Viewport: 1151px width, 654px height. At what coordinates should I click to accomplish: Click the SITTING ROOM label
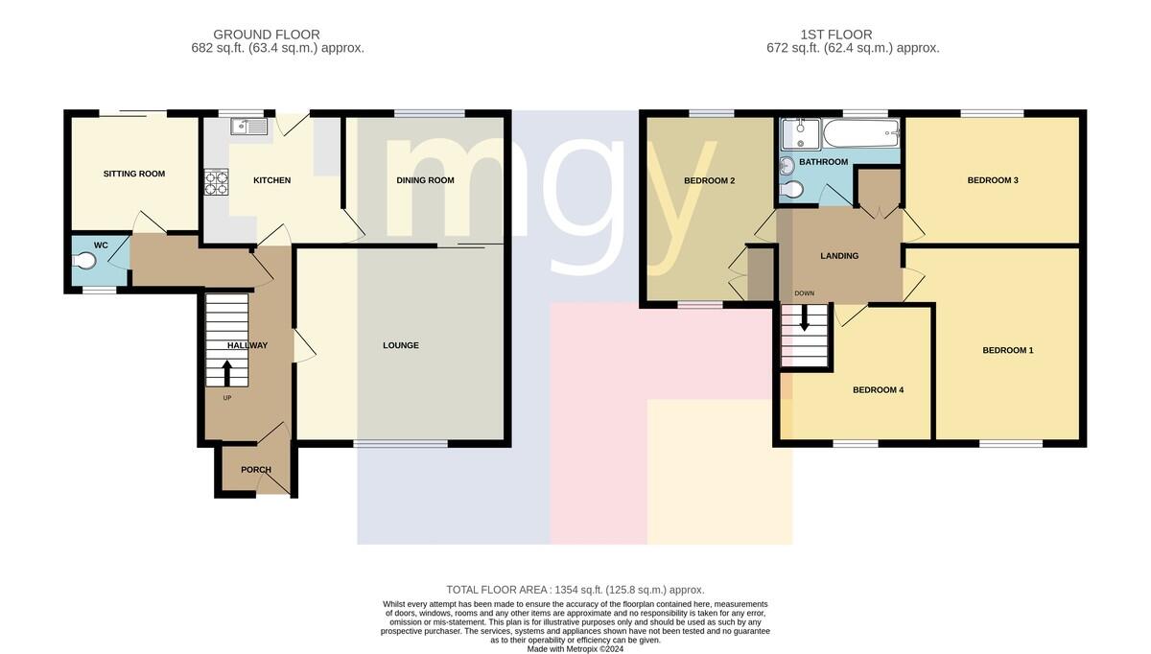(134, 174)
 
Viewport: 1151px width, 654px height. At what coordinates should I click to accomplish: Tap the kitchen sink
(249, 126)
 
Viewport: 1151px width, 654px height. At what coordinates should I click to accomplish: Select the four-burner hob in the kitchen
(217, 182)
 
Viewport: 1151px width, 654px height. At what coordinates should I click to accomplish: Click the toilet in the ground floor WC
(84, 262)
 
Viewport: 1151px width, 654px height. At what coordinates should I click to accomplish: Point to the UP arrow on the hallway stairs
(226, 373)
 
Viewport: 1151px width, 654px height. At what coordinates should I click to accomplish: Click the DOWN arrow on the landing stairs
(805, 318)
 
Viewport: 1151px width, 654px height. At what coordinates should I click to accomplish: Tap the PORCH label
(256, 470)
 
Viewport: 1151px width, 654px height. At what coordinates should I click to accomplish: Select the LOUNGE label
(401, 345)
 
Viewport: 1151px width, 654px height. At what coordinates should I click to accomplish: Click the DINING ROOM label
(426, 180)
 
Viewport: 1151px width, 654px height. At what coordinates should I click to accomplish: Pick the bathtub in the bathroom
(861, 133)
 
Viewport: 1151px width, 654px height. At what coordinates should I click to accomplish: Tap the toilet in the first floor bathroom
(791, 190)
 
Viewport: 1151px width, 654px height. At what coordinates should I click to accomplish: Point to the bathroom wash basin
(787, 166)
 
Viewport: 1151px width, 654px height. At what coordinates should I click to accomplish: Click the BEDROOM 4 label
(879, 390)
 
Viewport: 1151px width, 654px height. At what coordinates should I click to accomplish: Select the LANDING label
(839, 256)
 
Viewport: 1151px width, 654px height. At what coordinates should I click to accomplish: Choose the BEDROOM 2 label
(709, 181)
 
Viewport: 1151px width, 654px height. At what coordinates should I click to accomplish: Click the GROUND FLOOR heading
(267, 35)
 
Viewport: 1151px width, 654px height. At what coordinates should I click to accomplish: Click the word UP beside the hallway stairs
(227, 398)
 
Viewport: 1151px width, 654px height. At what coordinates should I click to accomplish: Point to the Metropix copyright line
(575, 649)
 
